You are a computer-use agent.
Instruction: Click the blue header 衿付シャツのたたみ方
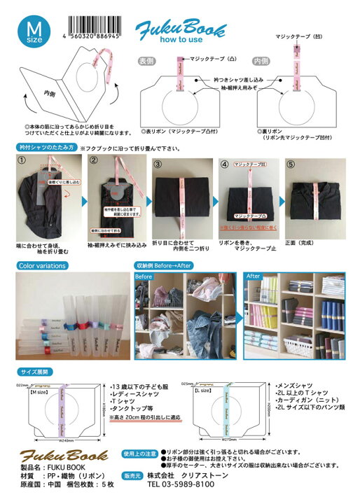[45, 148]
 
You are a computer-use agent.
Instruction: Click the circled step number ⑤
[292, 165]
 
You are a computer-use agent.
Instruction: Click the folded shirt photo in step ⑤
[317, 204]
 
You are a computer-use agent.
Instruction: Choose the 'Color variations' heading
[43, 266]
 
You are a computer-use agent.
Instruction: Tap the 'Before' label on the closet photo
[144, 276]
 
